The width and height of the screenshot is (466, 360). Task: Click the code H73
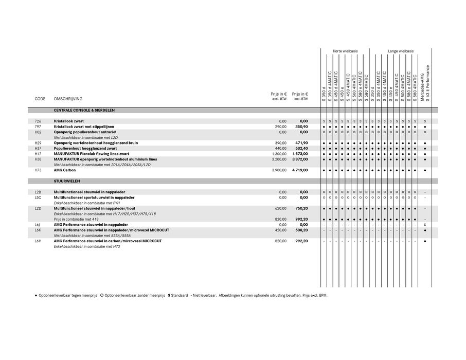pos(38,170)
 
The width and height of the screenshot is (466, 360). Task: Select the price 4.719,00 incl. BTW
pos(300,170)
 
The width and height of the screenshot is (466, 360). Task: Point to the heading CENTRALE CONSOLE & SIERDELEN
pos(84,110)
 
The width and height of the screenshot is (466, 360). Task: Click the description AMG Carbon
pos(65,170)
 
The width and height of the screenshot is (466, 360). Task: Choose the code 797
pos(38,127)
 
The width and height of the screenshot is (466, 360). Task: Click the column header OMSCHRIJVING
pos(68,99)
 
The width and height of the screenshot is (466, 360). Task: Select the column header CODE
pos(40,99)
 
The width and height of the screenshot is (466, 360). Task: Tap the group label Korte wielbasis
pos(345,51)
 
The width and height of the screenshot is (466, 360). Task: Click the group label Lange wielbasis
pos(401,51)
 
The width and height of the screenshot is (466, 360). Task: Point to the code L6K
pos(38,230)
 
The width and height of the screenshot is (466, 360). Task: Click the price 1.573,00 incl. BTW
pos(300,154)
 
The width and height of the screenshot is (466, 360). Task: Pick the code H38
pos(38,159)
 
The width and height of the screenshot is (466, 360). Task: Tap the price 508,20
pos(301,230)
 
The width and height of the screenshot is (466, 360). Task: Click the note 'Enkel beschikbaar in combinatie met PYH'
pos(87,203)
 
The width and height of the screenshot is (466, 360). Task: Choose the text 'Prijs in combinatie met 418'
pos(76,219)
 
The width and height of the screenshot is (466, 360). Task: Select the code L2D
pos(38,208)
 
